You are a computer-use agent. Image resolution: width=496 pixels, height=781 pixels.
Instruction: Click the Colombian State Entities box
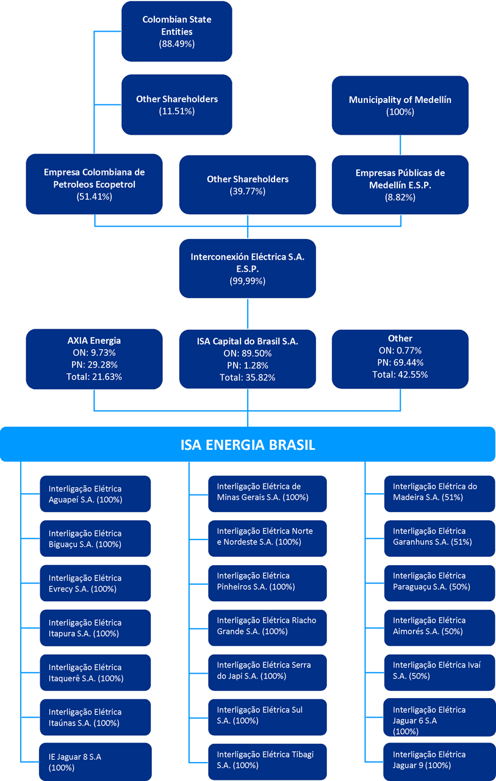pos(176,31)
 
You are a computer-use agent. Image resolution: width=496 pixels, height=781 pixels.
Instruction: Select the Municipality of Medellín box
pos(400,105)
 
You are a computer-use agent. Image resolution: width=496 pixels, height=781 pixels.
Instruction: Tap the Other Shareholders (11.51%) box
pos(176,104)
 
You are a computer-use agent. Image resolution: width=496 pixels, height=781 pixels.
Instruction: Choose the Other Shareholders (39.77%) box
pos(247,185)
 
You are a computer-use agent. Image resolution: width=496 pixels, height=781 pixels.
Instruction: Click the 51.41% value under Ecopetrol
pos(94,197)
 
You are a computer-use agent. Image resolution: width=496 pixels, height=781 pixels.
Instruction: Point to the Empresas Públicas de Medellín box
pos(400,185)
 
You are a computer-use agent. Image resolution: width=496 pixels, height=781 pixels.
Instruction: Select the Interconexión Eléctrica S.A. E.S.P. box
pos(247,268)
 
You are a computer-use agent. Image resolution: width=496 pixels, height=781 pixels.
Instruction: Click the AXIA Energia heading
pos(94,340)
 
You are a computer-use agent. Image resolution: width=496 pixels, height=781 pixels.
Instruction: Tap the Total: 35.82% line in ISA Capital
pos(247,377)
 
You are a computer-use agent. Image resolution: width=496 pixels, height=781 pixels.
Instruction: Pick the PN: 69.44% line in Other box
pos(400,362)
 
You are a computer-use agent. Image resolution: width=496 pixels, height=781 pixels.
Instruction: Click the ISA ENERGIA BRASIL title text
pos(248,444)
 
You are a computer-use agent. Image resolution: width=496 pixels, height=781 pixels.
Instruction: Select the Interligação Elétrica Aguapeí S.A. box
pos(95,494)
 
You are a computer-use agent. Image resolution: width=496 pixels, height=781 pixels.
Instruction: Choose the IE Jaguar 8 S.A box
pos(95,761)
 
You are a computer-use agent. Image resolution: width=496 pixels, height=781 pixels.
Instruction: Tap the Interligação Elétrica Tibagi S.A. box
pos(267,761)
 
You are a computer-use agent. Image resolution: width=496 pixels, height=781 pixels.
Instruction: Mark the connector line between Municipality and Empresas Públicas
pos(400,145)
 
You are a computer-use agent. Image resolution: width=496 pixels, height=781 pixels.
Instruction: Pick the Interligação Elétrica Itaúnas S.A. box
pos(95,717)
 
